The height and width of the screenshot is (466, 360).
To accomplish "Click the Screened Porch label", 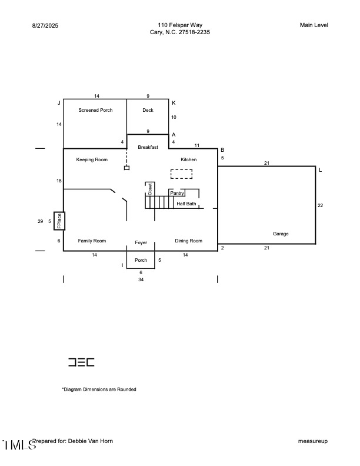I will pos(95,110).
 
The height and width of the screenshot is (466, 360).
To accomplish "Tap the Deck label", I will pos(148,110).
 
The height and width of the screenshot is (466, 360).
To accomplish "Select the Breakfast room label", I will pos(148,147).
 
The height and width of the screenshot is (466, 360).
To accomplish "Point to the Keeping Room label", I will pos(92,159).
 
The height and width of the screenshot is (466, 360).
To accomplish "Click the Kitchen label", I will pos(189,159).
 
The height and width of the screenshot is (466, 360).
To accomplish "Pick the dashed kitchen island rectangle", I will pos(181,174).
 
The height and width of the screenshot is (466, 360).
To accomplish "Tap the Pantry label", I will pos(177,193).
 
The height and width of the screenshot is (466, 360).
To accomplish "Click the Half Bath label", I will pos(186,204).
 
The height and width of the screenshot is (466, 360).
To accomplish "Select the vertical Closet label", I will pos(150,189).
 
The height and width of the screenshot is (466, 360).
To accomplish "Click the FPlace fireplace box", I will pos(59,221).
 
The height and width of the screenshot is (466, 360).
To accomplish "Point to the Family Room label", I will pos(92,241).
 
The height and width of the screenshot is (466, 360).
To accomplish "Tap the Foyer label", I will pos(141,242).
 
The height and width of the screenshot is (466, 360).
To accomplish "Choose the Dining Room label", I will pos(189,241).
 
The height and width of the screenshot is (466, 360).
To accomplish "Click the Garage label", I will pos(281,234).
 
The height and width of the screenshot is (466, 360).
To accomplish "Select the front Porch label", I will pos(141,260).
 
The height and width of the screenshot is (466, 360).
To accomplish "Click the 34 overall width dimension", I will pos(141,280).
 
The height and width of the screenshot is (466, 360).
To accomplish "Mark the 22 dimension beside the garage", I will pos(321,205).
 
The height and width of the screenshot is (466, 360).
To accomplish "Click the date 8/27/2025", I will pos(45,25).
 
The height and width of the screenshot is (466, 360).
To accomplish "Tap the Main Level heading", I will pos(314,25).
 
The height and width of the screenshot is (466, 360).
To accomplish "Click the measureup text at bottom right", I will pos(313,441).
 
